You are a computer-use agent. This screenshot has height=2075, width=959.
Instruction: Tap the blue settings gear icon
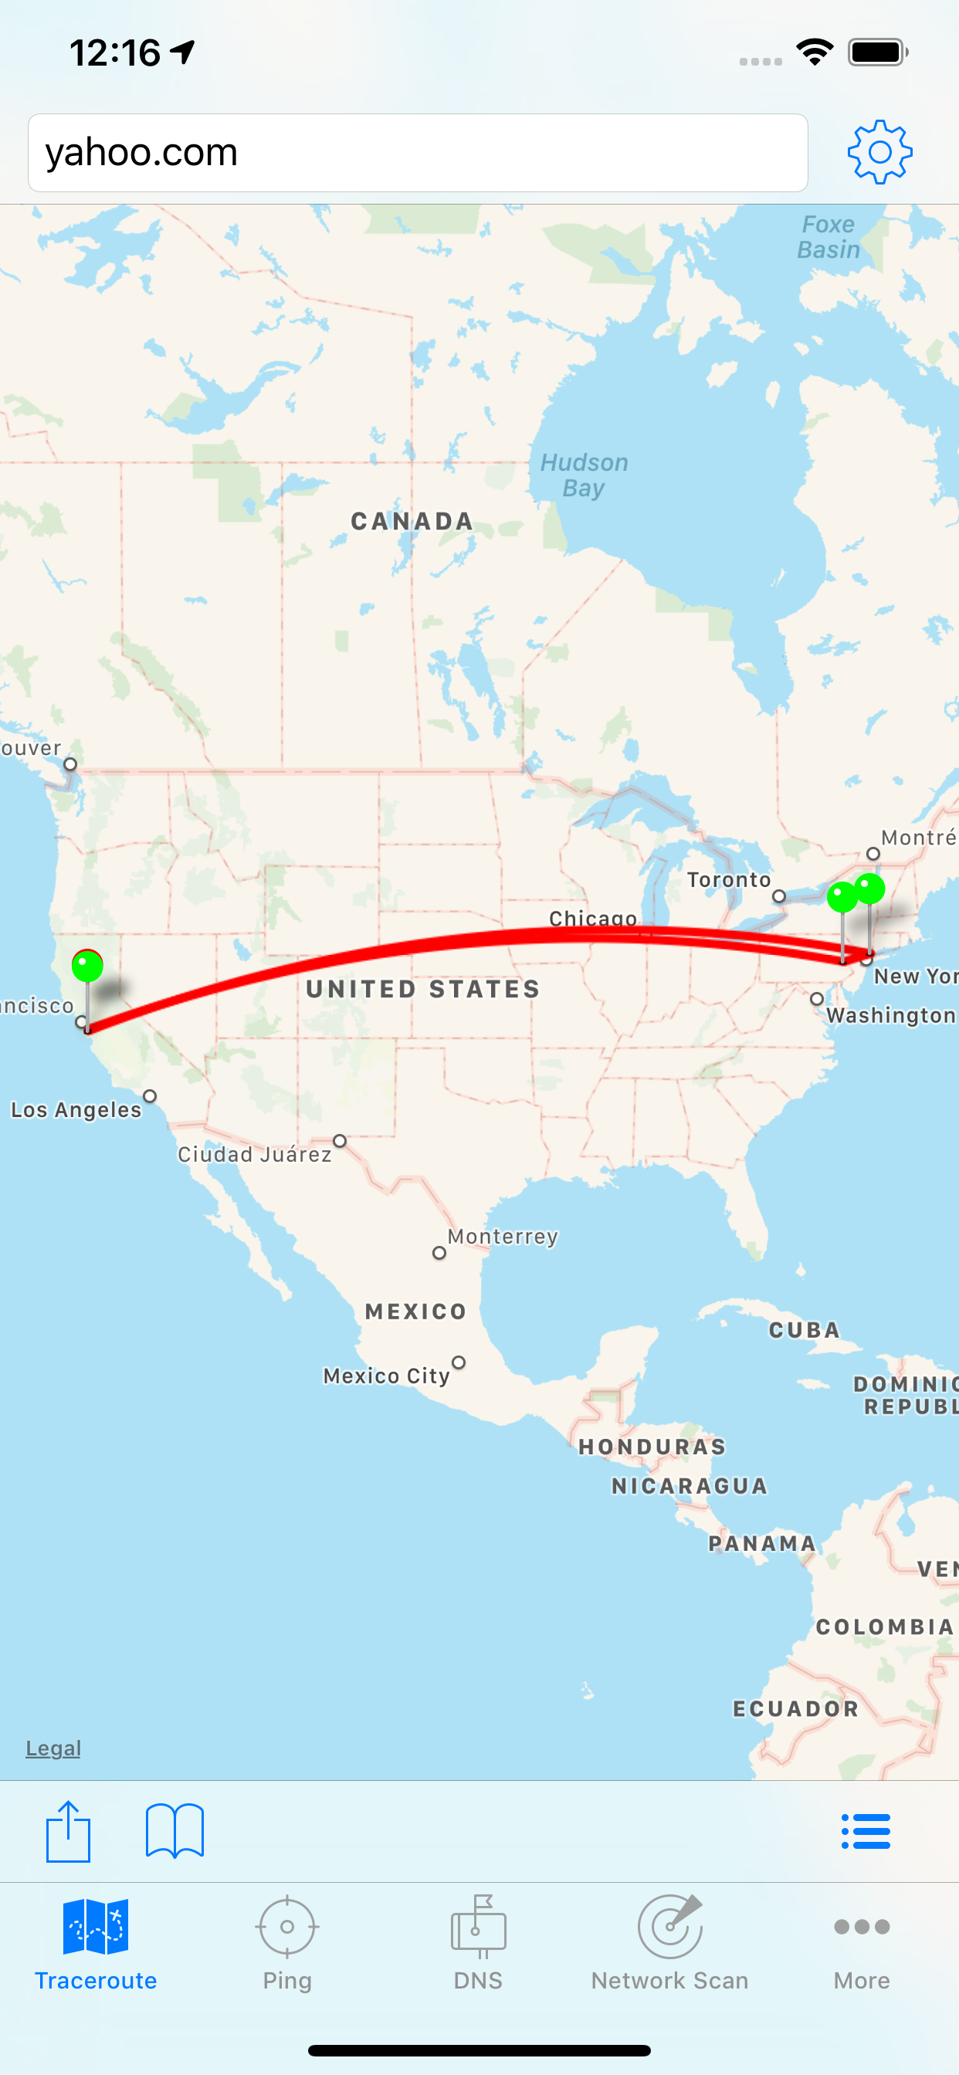[879, 152]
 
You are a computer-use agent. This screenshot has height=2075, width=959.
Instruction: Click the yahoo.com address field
[418, 153]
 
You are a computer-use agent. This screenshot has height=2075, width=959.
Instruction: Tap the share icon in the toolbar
[68, 1831]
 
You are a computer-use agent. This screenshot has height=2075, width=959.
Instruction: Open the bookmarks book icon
[174, 1831]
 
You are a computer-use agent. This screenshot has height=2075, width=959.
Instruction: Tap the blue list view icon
[866, 1831]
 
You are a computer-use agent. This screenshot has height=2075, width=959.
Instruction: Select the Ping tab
[287, 1943]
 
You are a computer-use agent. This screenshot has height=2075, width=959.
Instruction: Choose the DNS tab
[478, 1943]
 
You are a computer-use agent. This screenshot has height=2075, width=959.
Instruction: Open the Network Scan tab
[669, 1943]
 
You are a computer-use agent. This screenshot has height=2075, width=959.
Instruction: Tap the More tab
[862, 1943]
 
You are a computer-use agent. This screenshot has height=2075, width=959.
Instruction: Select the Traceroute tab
[96, 1943]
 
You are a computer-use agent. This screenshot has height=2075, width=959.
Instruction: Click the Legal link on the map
[53, 1748]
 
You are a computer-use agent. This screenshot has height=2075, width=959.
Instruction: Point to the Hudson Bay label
[584, 476]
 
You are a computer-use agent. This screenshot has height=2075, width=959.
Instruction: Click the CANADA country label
[412, 522]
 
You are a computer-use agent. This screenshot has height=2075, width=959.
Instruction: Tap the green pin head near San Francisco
[87, 965]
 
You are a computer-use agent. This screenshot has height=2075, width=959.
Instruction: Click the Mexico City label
[386, 1376]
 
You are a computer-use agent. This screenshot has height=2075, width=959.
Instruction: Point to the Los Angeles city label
[76, 1110]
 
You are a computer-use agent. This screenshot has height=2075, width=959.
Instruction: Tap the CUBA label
[805, 1330]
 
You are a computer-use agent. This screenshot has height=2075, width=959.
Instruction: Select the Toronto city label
[729, 879]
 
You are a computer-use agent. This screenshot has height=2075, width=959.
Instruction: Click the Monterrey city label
[503, 1237]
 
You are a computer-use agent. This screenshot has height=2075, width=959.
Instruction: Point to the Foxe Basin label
[829, 237]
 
